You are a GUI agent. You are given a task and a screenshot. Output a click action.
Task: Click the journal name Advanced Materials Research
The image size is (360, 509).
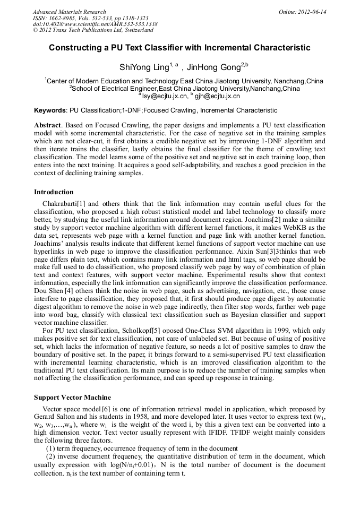coord(69,12)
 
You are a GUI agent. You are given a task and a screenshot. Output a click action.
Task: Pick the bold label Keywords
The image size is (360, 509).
coord(50,110)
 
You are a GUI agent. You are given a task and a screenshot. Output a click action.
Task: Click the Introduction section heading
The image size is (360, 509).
coord(54,192)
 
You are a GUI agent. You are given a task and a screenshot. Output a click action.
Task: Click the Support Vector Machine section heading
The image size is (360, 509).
coord(72,398)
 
